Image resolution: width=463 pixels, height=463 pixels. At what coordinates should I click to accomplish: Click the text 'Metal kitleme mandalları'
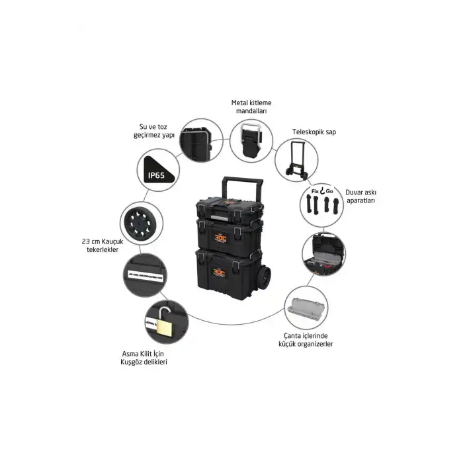251,107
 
